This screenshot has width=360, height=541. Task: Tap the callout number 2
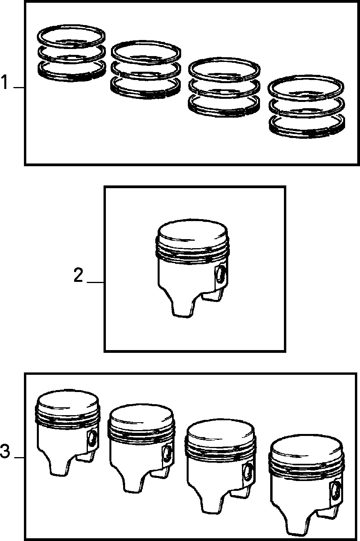78,275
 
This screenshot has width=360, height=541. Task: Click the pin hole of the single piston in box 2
220,274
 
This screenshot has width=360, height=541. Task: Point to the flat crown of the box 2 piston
192,231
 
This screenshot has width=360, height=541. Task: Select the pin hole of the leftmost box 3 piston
93,439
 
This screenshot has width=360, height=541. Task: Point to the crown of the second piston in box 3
141,415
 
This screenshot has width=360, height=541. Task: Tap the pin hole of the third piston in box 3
247,472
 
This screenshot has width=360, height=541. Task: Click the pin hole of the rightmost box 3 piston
336,492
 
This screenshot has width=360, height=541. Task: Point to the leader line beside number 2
95,282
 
